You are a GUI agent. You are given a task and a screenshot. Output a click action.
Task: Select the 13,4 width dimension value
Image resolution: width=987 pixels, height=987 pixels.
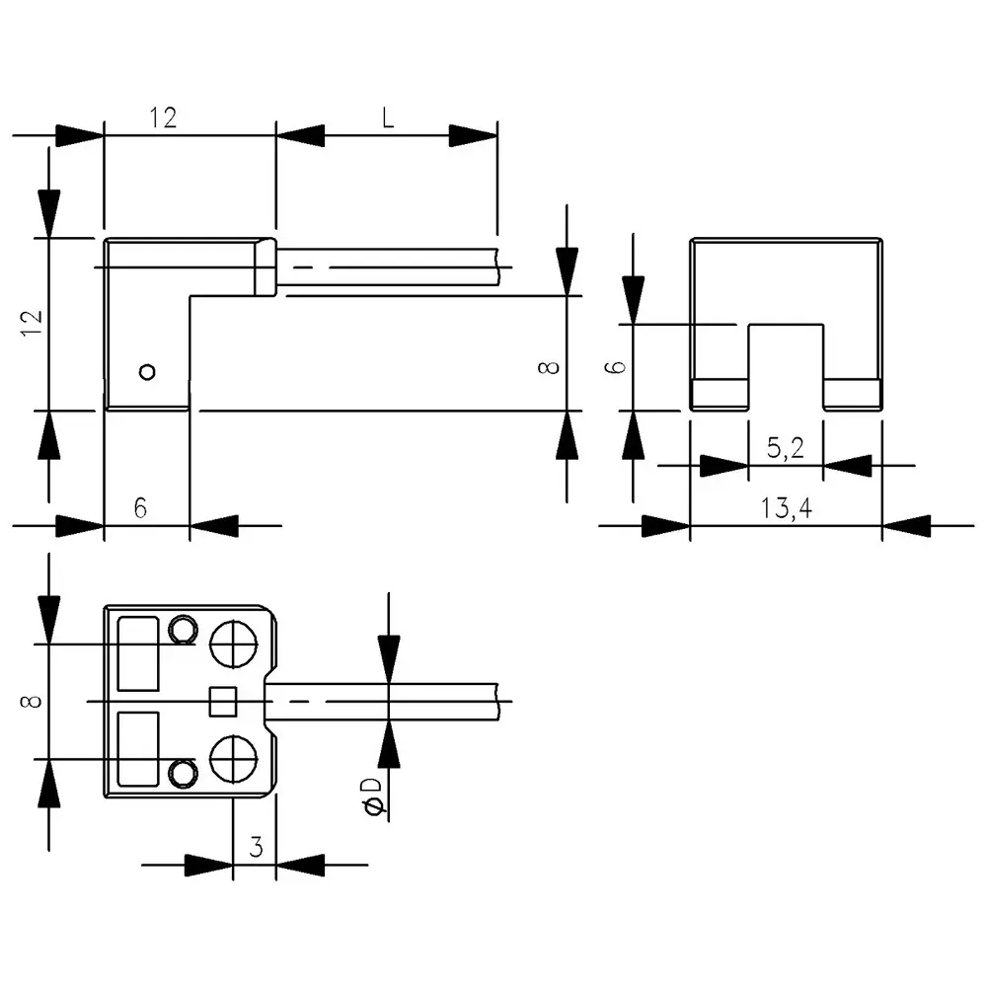[x=785, y=508]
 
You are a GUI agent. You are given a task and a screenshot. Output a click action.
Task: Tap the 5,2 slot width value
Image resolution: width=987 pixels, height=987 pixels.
[x=785, y=449]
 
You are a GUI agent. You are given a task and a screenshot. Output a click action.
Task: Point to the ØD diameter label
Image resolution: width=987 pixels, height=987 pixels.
[x=372, y=797]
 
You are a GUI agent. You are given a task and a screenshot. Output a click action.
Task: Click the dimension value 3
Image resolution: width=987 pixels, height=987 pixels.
[x=255, y=847]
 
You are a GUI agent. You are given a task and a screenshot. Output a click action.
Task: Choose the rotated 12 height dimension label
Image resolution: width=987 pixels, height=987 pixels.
[x=34, y=323]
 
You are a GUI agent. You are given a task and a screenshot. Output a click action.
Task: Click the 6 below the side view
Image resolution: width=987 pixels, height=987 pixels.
[x=140, y=508]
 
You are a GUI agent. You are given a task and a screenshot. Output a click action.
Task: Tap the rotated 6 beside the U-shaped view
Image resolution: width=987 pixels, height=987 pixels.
[x=614, y=366]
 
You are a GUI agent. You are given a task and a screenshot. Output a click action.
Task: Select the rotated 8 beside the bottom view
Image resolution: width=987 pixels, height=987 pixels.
[x=34, y=701]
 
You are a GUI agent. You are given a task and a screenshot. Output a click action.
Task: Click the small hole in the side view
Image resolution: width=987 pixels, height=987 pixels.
[x=147, y=372]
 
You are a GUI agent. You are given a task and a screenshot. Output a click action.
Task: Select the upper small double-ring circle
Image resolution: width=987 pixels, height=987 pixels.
[x=182, y=629]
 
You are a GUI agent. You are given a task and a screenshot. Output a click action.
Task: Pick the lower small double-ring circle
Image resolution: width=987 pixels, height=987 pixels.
[x=182, y=772]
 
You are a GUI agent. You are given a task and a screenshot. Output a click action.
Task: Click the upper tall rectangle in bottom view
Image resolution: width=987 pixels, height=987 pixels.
[x=138, y=653]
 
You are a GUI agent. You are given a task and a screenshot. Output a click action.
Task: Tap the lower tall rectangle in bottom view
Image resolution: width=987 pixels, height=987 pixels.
[x=138, y=749]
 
